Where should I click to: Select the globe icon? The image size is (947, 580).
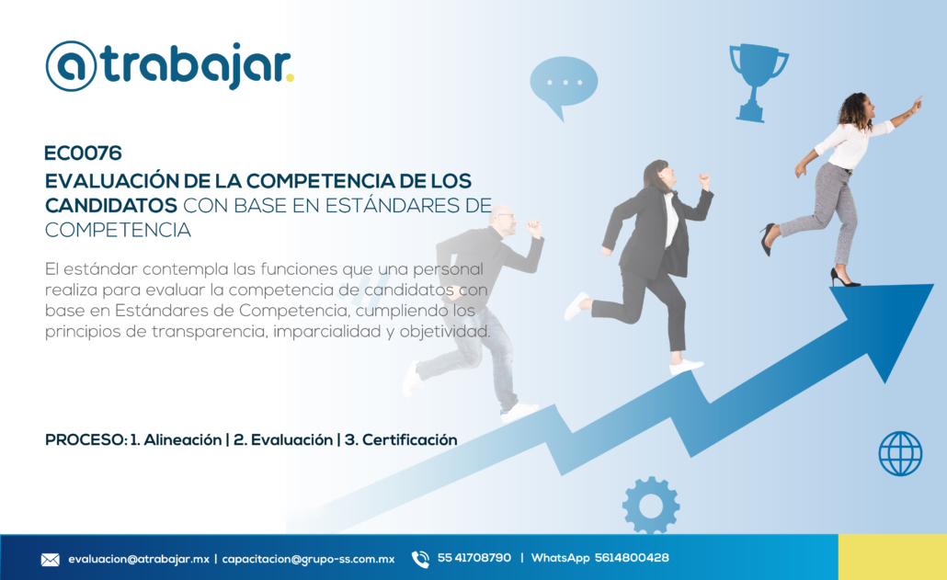pos(900,453)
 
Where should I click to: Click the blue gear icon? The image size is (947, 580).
pos(650,506)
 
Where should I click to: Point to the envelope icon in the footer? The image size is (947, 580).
pos(51,560)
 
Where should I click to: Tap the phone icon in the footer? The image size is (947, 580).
pos(420,559)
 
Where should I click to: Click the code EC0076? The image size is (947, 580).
pos(84,154)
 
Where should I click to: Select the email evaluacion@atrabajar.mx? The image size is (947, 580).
pos(139,559)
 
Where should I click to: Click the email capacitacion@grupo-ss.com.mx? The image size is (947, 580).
pos(308,559)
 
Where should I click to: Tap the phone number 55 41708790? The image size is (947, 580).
pos(474,558)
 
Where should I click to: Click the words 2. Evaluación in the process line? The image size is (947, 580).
pos(282,440)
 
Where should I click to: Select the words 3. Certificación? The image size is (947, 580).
pos(401,440)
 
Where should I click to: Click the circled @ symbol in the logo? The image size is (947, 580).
pos(72,66)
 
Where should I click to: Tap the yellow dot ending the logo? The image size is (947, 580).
pos(290,78)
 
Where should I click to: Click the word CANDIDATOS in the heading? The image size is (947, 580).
pos(111,206)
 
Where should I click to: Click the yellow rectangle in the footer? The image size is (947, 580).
pos(893,557)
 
